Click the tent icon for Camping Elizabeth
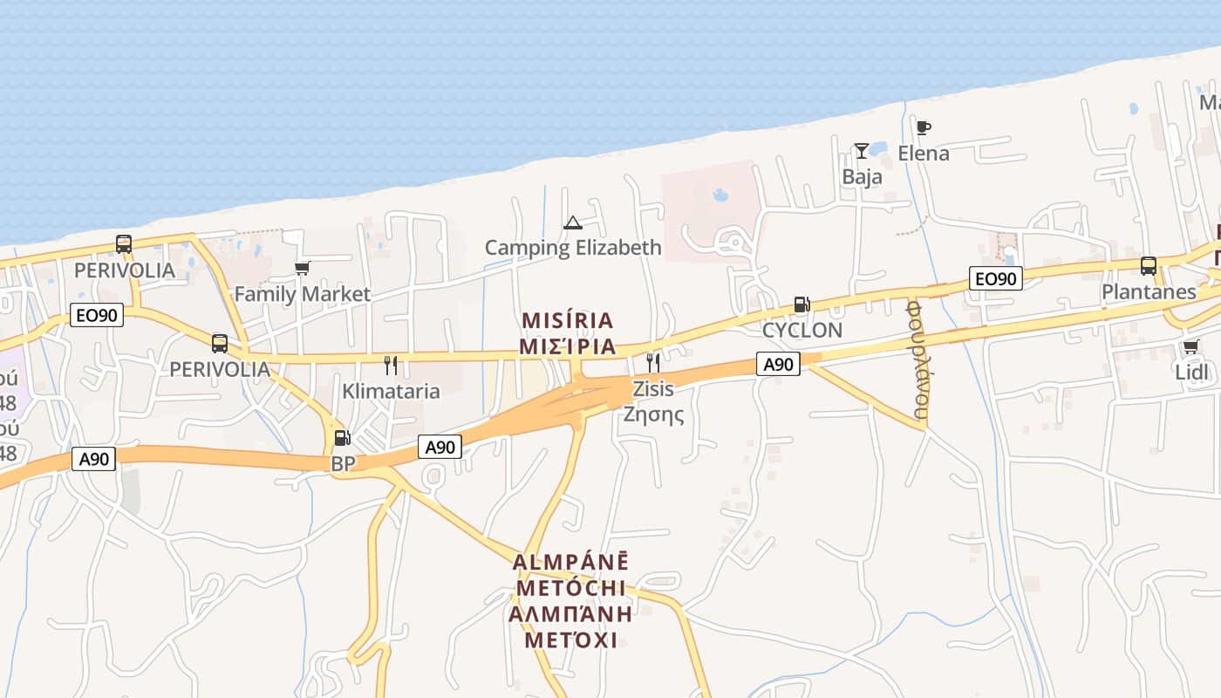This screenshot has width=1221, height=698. [572, 222]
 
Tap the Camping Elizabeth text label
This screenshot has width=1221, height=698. [573, 248]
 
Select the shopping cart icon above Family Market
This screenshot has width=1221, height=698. [302, 268]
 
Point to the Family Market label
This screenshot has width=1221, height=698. [302, 294]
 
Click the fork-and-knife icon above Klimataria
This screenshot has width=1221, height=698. [391, 365]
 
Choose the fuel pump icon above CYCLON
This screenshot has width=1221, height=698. [801, 305]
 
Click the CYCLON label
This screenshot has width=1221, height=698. [801, 331]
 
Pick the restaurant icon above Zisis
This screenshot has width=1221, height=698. [652, 362]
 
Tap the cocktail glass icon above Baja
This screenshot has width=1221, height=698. [862, 151]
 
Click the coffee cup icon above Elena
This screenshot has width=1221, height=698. [924, 128]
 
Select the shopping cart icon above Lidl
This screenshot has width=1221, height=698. [1191, 346]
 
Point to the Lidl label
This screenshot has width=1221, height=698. [1191, 373]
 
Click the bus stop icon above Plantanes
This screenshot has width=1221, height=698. [1149, 266]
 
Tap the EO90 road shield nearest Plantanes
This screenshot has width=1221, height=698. [995, 279]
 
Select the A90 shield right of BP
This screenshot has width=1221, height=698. [440, 448]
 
